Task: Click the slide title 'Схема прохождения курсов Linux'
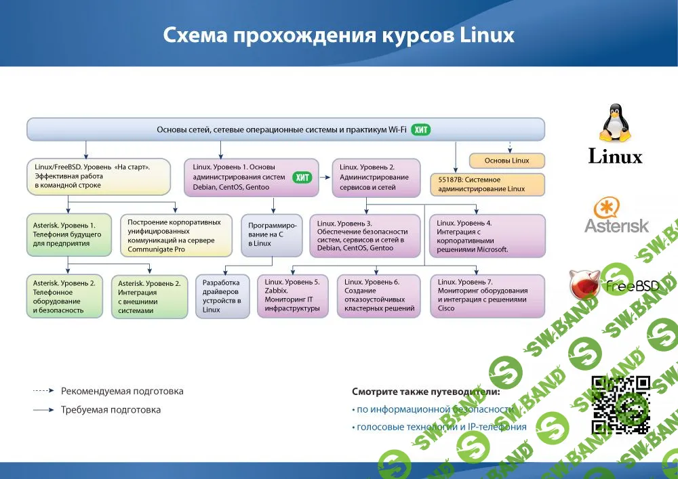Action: point(338,35)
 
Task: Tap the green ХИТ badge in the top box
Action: point(422,129)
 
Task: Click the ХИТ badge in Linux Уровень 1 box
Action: point(302,178)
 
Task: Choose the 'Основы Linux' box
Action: point(507,161)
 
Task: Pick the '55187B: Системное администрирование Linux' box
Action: point(487,184)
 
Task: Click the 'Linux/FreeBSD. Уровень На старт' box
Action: point(98,175)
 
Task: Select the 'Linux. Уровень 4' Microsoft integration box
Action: point(487,235)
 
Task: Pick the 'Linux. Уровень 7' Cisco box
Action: point(487,295)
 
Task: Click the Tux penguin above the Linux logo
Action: point(615,125)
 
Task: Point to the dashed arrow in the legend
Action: point(43,391)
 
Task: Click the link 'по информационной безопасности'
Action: point(434,409)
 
